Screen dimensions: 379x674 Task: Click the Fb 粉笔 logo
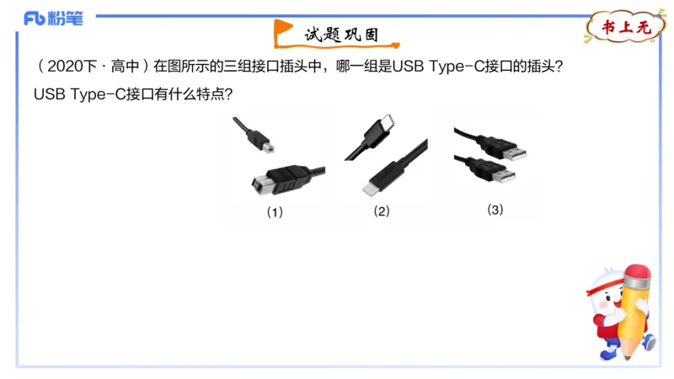pyautogui.click(x=53, y=19)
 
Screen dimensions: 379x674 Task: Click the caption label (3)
pyautogui.click(x=495, y=210)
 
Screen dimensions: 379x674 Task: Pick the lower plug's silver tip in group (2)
pyautogui.click(x=371, y=187)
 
